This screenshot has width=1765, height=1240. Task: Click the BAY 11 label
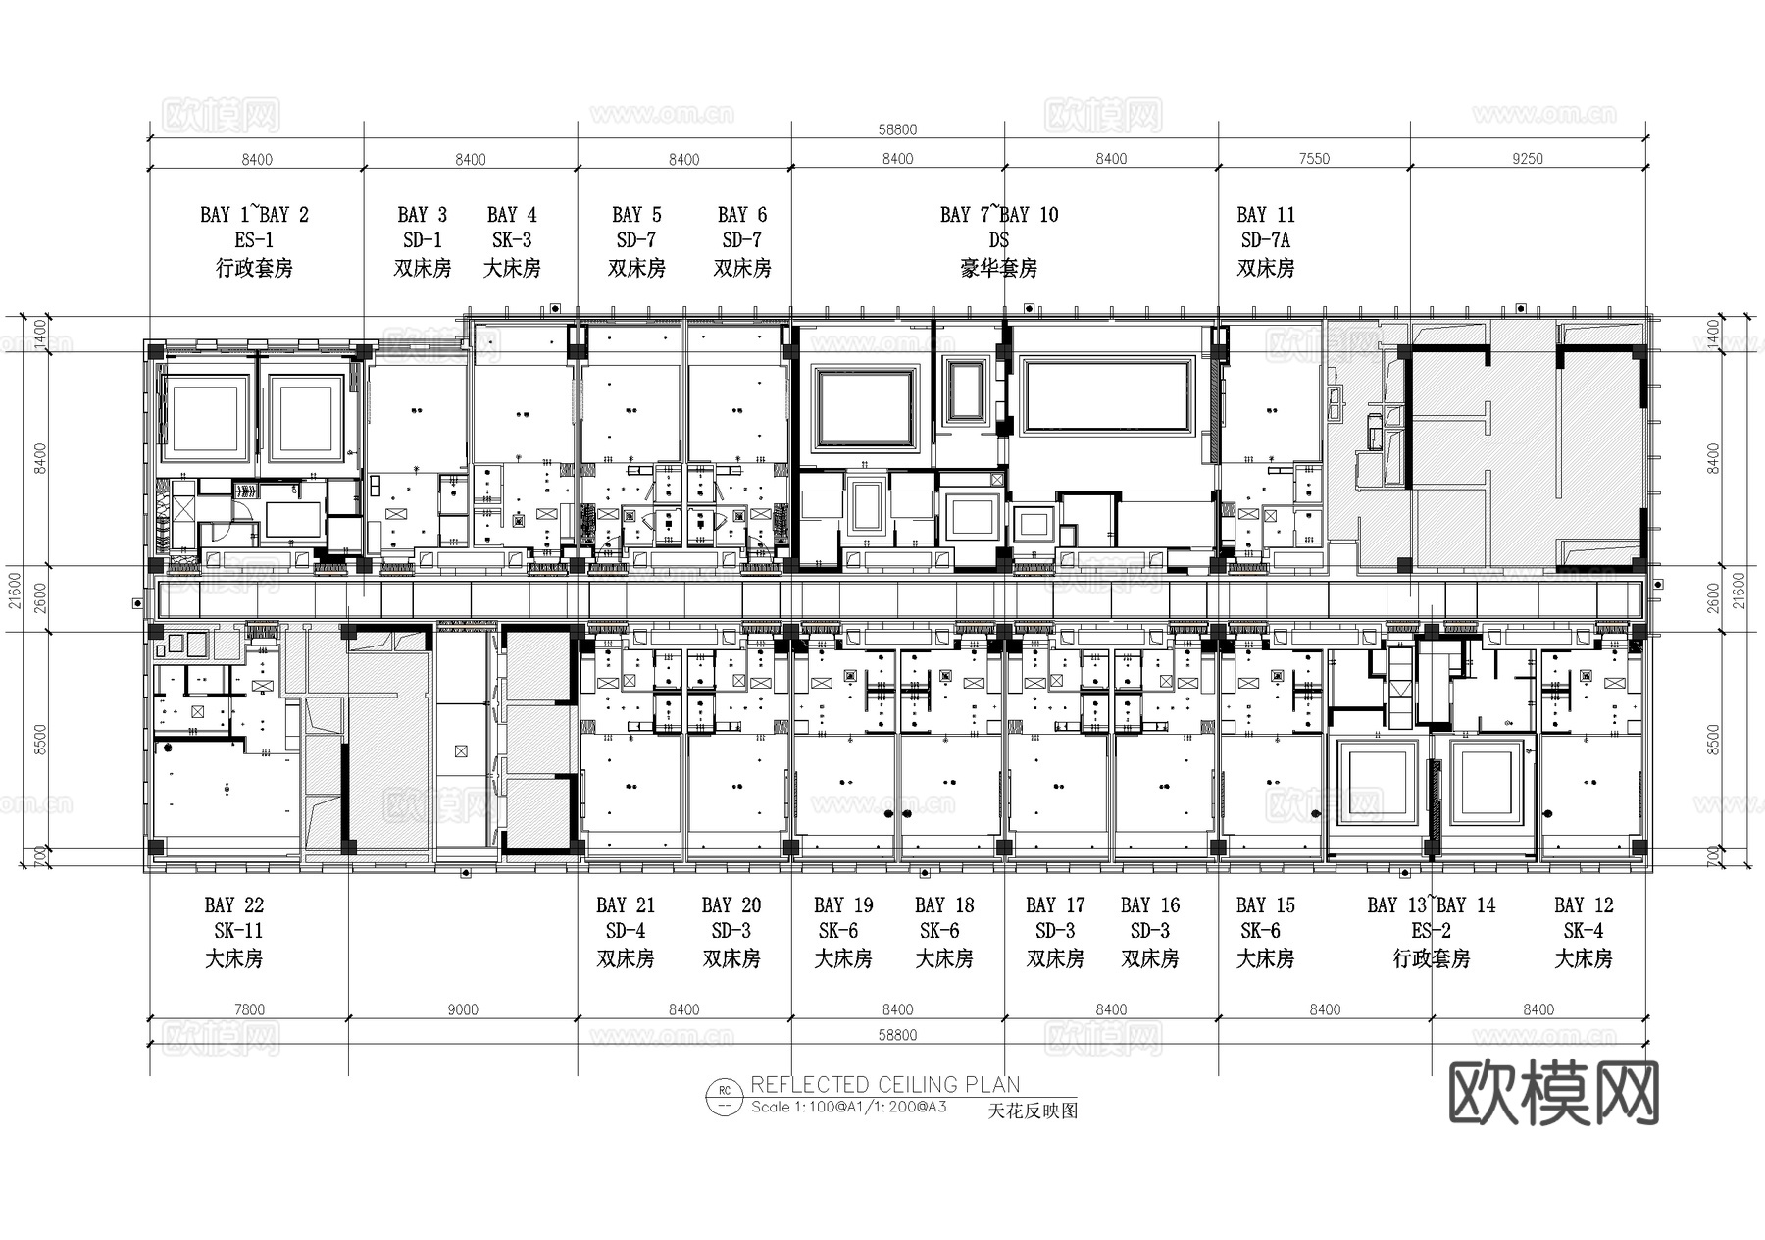1265,215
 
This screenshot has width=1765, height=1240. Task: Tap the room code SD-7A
1265,240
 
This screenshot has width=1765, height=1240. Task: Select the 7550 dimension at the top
1314,159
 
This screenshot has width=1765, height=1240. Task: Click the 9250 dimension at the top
1527,159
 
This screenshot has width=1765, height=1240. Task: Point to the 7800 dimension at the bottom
249,1009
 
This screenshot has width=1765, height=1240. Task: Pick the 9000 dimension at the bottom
462,1009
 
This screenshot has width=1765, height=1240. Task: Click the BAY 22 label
233,905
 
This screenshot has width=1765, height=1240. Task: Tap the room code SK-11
237,931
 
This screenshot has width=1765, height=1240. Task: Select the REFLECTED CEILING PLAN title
884,1085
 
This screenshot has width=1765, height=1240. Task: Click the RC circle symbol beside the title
725,1098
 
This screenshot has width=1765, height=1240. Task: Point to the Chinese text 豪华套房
998,268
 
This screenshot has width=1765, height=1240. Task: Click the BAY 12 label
1583,905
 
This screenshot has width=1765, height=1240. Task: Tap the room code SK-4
1583,931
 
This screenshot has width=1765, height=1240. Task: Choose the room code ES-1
254,240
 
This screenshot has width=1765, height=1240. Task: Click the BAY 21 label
625,905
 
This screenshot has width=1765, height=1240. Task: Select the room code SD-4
625,931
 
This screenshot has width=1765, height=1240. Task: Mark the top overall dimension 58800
897,129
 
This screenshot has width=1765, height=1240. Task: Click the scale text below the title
848,1108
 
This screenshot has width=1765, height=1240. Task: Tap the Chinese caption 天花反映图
1032,1111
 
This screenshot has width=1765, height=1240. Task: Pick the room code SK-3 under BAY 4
512,240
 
